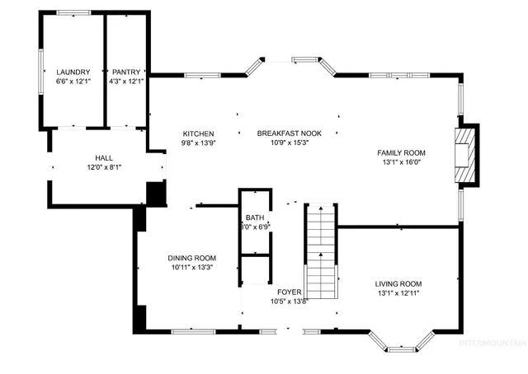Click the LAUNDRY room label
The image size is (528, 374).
click(72, 72)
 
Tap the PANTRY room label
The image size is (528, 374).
click(126, 72)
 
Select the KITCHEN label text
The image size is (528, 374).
click(198, 133)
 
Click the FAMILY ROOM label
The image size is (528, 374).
click(401, 153)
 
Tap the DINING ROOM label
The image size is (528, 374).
click(191, 258)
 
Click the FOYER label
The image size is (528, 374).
click(289, 292)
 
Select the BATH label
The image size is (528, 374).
click(253, 218)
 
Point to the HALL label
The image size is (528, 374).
click(104, 157)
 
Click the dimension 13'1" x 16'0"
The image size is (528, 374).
click(401, 162)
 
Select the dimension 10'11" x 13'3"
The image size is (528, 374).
click(191, 267)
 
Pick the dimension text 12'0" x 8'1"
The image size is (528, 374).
click(104, 166)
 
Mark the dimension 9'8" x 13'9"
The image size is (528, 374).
click(198, 143)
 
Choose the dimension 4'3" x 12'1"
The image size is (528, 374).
click(126, 81)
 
